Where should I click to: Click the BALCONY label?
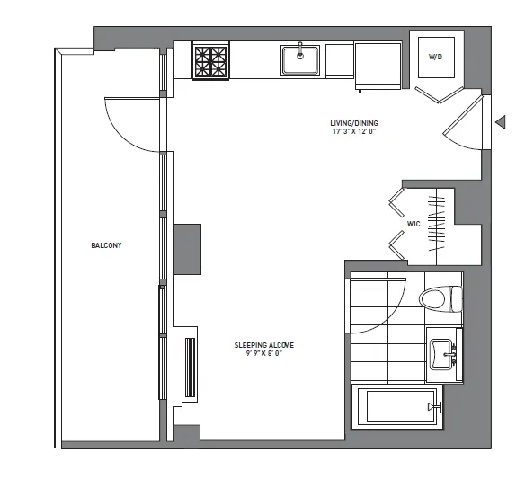[105, 244]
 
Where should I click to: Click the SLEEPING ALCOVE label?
[264, 345]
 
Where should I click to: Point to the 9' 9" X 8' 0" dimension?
[264, 354]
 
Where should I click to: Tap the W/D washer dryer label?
[435, 57]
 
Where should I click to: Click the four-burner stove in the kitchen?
[211, 62]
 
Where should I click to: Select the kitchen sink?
[300, 60]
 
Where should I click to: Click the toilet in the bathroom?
[440, 298]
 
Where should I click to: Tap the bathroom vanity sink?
[441, 353]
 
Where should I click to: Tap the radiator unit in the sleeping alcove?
[190, 368]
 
